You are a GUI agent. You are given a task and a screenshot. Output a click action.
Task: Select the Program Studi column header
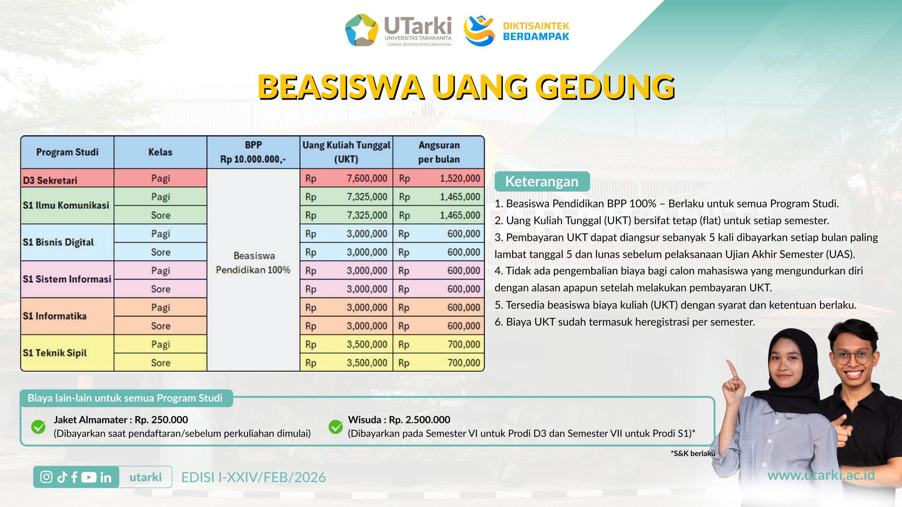click(67, 152)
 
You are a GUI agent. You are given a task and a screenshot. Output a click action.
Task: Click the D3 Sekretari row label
click(50, 180)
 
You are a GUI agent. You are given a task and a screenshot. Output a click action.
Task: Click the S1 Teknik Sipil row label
click(55, 353)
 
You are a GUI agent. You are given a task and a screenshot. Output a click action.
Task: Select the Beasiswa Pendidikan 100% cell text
click(253, 263)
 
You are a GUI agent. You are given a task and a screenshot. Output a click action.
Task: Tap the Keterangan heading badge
click(542, 181)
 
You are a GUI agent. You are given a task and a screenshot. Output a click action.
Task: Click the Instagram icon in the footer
click(46, 477)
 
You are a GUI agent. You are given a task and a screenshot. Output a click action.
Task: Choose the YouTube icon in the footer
click(89, 477)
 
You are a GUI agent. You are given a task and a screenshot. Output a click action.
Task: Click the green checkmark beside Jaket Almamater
click(38, 426)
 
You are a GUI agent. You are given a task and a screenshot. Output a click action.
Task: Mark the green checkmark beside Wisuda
click(336, 426)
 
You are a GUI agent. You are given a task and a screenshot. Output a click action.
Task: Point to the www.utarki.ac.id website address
click(821, 475)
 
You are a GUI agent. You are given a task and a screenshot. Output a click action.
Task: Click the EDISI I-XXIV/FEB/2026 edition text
click(254, 477)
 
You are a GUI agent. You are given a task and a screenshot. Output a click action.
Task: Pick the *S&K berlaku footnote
click(693, 453)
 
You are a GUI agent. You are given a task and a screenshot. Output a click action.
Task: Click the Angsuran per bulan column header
click(439, 152)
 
